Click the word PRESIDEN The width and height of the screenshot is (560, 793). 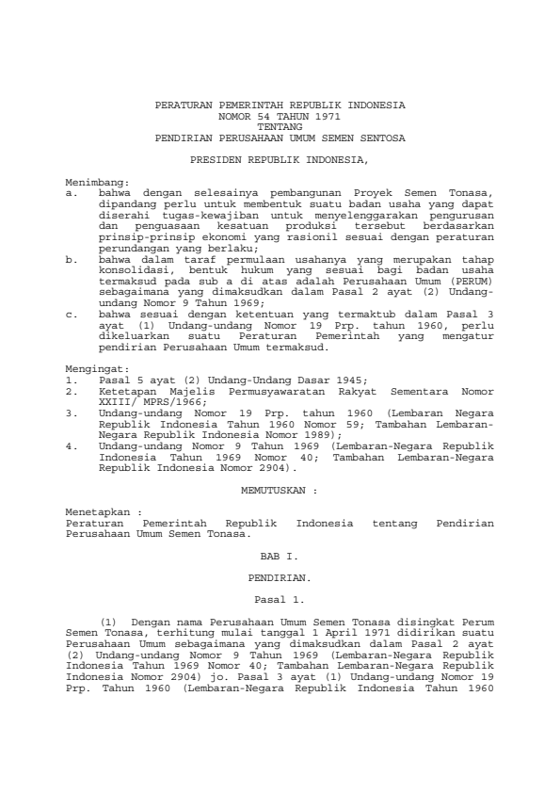[213, 161]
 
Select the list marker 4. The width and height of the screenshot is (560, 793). [72, 428]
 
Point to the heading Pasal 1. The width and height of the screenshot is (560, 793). [280, 597]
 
